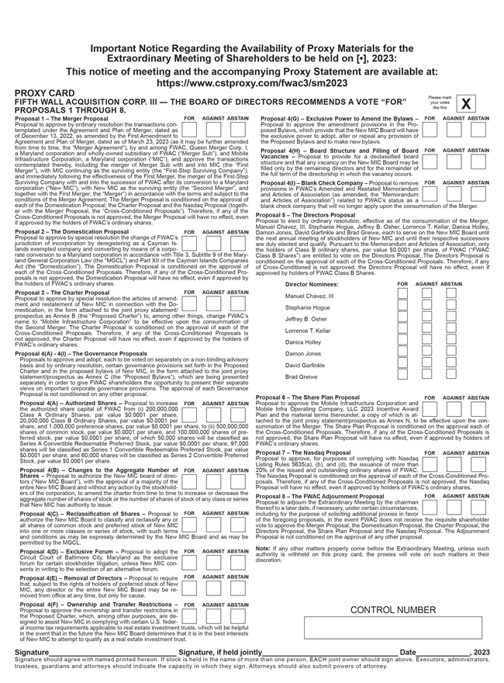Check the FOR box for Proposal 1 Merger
click(189, 129)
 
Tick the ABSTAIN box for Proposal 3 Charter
click(237, 300)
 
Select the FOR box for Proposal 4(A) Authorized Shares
click(189, 411)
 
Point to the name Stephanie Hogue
click(308, 307)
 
